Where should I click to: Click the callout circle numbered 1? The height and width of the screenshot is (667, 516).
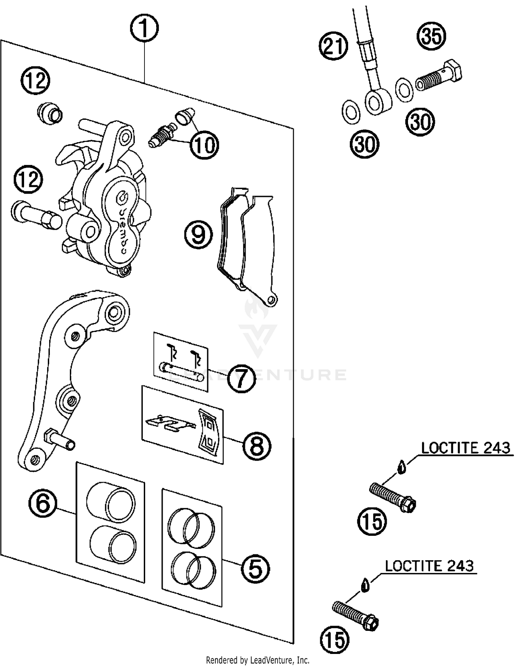coord(144,28)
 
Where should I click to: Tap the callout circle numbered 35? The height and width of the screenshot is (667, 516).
coord(431,36)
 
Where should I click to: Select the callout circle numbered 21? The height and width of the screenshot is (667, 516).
coord(333,46)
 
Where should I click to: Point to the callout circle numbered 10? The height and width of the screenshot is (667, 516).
coord(204,145)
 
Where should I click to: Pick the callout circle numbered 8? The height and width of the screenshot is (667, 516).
coord(257,446)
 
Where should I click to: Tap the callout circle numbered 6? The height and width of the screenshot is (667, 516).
coord(43,503)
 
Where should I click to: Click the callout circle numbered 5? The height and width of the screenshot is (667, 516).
coord(255,569)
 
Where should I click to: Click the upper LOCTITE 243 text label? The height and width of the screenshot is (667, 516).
coord(465,448)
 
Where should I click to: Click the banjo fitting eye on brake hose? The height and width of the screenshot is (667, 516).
coord(377,101)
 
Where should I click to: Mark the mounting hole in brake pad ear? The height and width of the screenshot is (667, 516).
coord(272,299)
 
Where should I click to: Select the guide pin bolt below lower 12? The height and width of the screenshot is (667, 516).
coord(36,216)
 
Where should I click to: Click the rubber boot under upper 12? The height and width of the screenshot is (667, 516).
coord(50,113)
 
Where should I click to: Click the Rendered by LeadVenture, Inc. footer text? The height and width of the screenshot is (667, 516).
coord(258,660)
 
